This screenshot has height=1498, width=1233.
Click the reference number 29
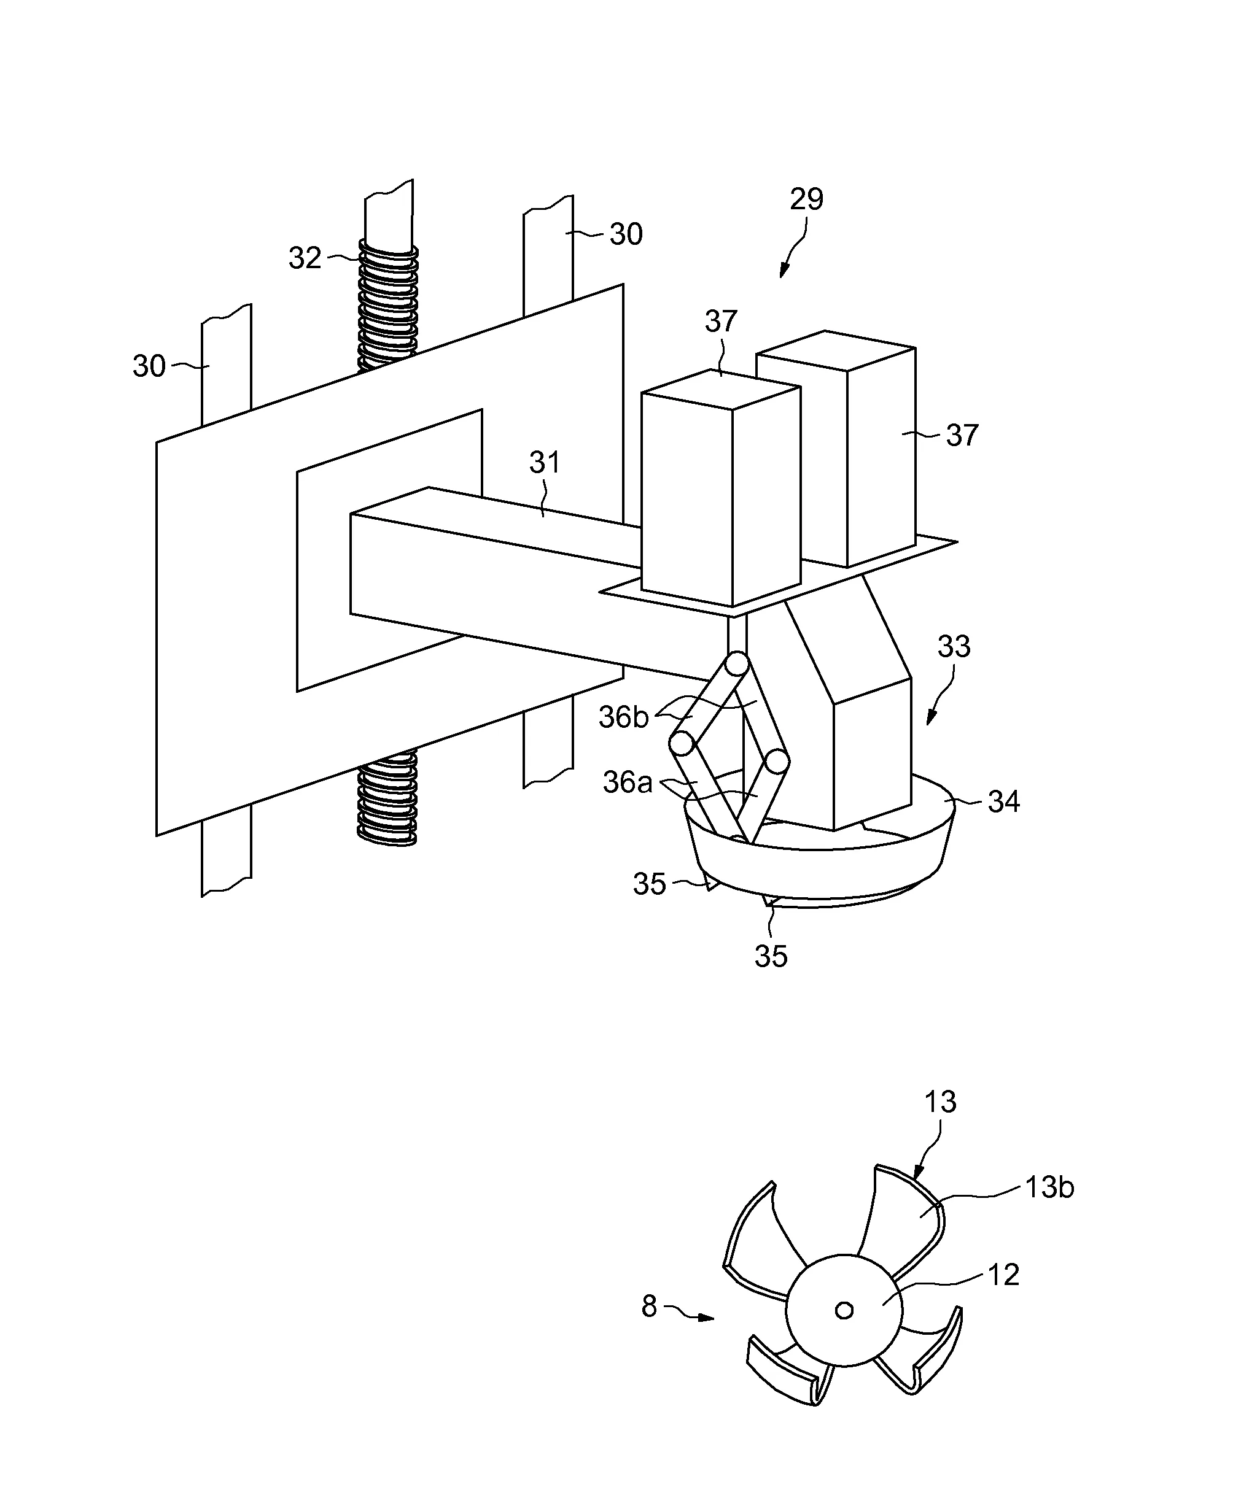(x=806, y=199)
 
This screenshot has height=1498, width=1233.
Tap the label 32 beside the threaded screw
(x=305, y=258)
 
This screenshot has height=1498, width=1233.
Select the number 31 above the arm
(x=545, y=463)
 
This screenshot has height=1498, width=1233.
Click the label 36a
(x=626, y=782)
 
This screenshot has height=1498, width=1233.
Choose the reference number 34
(x=1003, y=801)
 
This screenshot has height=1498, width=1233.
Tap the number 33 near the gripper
(x=953, y=647)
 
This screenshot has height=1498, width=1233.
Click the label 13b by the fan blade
(x=1048, y=1187)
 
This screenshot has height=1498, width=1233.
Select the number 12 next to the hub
(x=1003, y=1275)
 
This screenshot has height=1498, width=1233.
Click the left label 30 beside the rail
(x=149, y=366)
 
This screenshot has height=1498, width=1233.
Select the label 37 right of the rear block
(x=962, y=435)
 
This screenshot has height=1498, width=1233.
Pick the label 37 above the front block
(x=720, y=322)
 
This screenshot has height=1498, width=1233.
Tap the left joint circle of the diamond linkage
(x=682, y=743)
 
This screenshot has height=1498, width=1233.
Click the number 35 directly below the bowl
(x=771, y=956)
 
